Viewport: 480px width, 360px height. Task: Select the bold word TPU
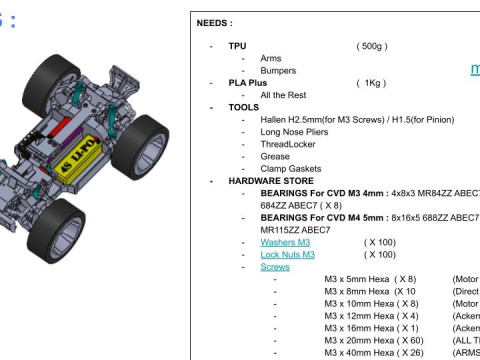click(237, 46)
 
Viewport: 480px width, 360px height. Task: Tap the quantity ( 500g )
click(372, 46)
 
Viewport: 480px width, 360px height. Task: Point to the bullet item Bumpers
click(279, 71)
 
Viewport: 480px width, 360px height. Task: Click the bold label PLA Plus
click(251, 83)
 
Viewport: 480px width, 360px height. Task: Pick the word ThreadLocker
click(290, 144)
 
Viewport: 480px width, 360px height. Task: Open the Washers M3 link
click(285, 242)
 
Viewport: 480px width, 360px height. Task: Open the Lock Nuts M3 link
click(288, 254)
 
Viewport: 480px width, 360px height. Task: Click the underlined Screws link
click(275, 267)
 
